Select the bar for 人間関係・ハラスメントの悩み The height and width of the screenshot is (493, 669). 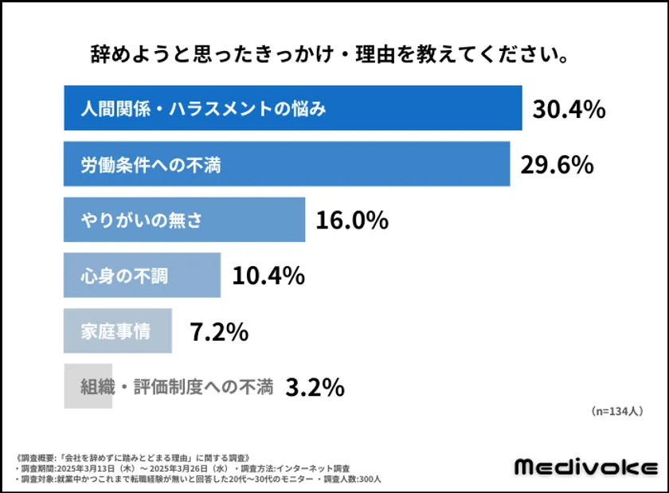click(x=292, y=108)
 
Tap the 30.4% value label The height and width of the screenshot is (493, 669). click(x=569, y=109)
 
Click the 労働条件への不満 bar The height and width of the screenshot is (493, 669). click(x=287, y=164)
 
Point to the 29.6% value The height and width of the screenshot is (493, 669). click(x=557, y=164)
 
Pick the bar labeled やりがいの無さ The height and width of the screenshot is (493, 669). click(x=184, y=220)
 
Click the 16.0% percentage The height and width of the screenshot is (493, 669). click(x=352, y=220)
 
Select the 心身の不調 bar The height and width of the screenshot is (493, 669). click(x=142, y=276)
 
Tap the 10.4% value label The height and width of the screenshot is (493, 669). click(x=268, y=276)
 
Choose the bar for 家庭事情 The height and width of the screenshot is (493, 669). click(x=117, y=331)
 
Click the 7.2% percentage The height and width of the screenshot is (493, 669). click(x=219, y=331)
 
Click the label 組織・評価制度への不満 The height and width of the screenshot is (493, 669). click(x=177, y=387)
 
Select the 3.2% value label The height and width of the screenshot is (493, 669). click(x=315, y=387)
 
